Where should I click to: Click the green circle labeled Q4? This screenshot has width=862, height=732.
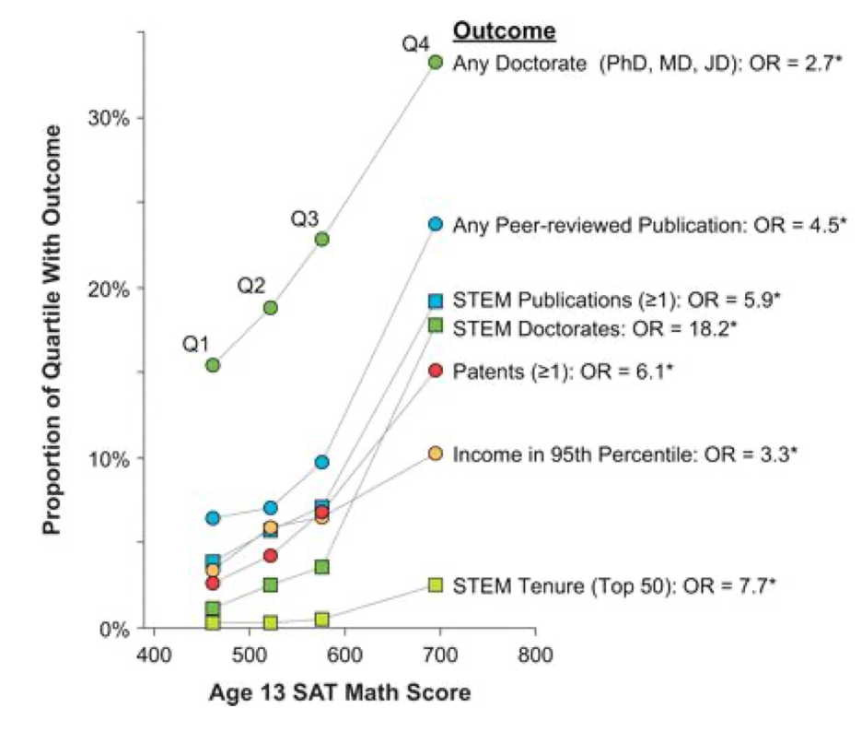436,62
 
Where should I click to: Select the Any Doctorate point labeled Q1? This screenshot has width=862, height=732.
213,365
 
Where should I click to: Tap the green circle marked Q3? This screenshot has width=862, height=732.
322,239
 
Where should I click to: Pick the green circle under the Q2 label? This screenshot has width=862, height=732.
271,307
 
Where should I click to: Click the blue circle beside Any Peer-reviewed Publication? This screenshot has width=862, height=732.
436,224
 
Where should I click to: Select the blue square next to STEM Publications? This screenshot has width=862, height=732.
436,300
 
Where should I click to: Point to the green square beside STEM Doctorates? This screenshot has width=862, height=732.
436,325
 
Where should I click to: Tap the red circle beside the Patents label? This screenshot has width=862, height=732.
436,370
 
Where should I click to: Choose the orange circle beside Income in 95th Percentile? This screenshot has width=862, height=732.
436,454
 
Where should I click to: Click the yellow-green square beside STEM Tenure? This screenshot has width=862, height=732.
436,584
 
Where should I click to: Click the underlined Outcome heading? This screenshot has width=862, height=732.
504,31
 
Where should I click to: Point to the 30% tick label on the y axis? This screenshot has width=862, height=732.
107,119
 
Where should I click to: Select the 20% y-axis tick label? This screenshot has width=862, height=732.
107,289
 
